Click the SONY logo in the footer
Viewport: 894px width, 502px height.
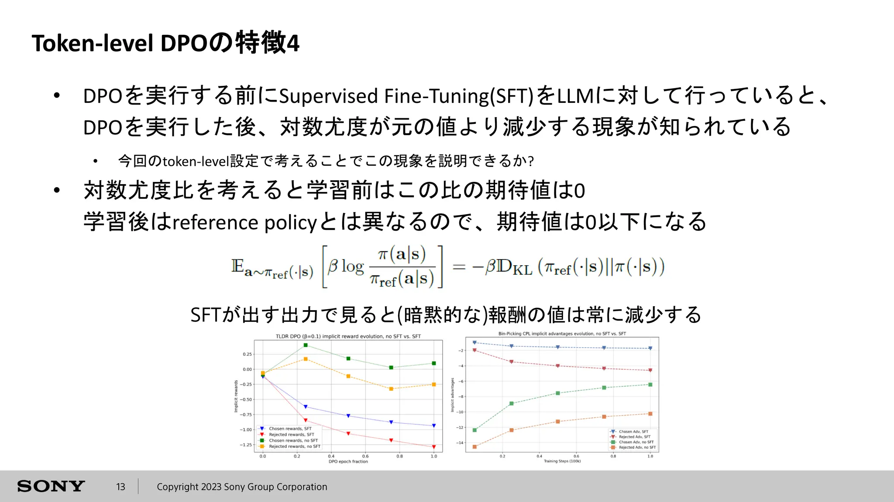click(51, 486)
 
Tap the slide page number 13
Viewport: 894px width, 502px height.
click(120, 487)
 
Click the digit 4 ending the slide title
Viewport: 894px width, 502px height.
click(293, 43)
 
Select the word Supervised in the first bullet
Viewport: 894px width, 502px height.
click(328, 96)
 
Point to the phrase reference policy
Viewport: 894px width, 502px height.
click(244, 222)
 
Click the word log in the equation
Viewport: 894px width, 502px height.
click(353, 266)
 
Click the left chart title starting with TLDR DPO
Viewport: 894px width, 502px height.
click(348, 336)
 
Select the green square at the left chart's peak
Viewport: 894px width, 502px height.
click(306, 345)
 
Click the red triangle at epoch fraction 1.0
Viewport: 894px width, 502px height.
click(433, 447)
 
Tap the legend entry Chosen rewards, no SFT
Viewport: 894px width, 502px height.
click(293, 441)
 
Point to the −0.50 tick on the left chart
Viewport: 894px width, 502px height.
click(247, 400)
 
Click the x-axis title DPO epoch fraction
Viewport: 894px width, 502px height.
click(348, 461)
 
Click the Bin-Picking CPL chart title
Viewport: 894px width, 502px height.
click(562, 334)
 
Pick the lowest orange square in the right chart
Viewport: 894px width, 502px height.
click(475, 447)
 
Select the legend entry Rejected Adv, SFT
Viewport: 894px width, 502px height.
click(634, 437)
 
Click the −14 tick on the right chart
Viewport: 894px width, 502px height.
click(460, 443)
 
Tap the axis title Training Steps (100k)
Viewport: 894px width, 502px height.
click(562, 461)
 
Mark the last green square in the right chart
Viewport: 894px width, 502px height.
click(650, 385)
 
